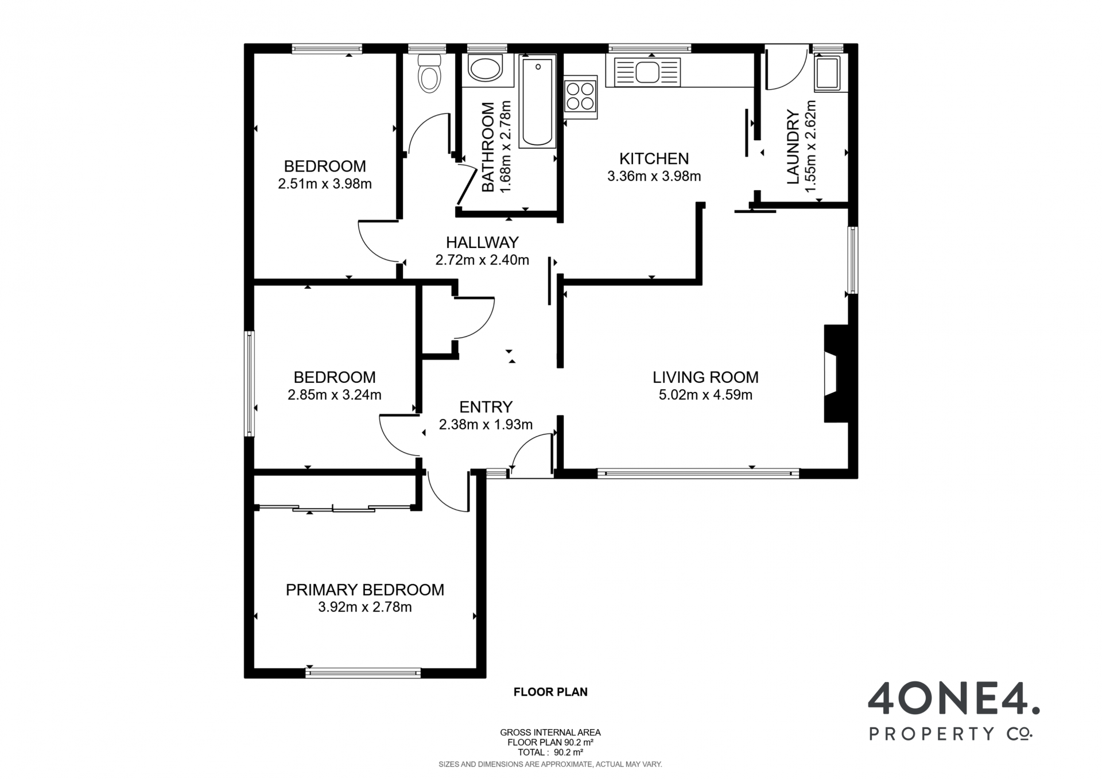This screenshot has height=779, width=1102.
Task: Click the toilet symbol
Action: (x=429, y=73)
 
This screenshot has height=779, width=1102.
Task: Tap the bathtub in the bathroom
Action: (x=538, y=101)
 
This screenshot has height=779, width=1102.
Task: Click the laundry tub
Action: (x=827, y=73)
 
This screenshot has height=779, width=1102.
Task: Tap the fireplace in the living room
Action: (x=836, y=374)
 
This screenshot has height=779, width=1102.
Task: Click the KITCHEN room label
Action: (x=654, y=158)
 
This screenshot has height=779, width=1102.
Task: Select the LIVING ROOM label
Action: (x=705, y=377)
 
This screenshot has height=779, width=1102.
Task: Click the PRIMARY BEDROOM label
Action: (x=365, y=590)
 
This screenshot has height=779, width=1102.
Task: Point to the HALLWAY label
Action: (x=482, y=242)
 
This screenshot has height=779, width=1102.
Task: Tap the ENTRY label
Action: (x=486, y=407)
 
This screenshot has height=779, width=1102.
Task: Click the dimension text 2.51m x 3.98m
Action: (x=325, y=184)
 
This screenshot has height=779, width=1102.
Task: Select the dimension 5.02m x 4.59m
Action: (x=705, y=395)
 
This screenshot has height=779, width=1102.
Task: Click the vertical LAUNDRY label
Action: (x=793, y=147)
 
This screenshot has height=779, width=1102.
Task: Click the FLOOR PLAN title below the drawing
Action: (x=550, y=692)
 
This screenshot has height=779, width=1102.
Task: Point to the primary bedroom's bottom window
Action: (x=363, y=673)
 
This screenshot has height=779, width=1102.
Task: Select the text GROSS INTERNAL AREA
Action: (x=550, y=733)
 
